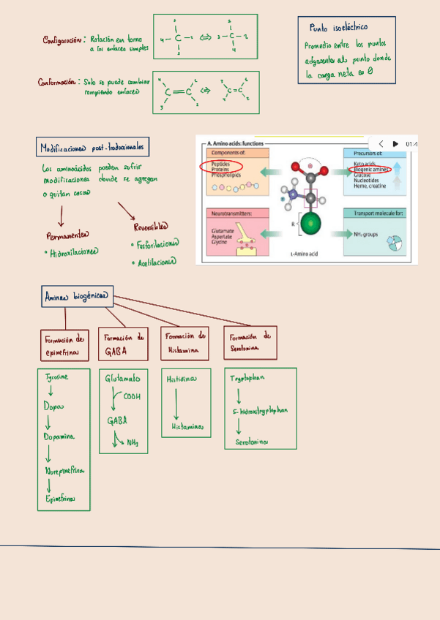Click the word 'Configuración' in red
coord(63,40)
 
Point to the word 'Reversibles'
coord(151,226)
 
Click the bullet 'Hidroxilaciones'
coord(72,252)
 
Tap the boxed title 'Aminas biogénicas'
coord(77,297)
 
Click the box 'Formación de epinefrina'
coord(66,344)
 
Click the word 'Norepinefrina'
coord(64,471)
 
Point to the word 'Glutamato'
coord(123,379)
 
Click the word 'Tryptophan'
coord(247,379)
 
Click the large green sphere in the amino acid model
coord(311,224)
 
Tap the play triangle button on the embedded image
coord(395,144)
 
